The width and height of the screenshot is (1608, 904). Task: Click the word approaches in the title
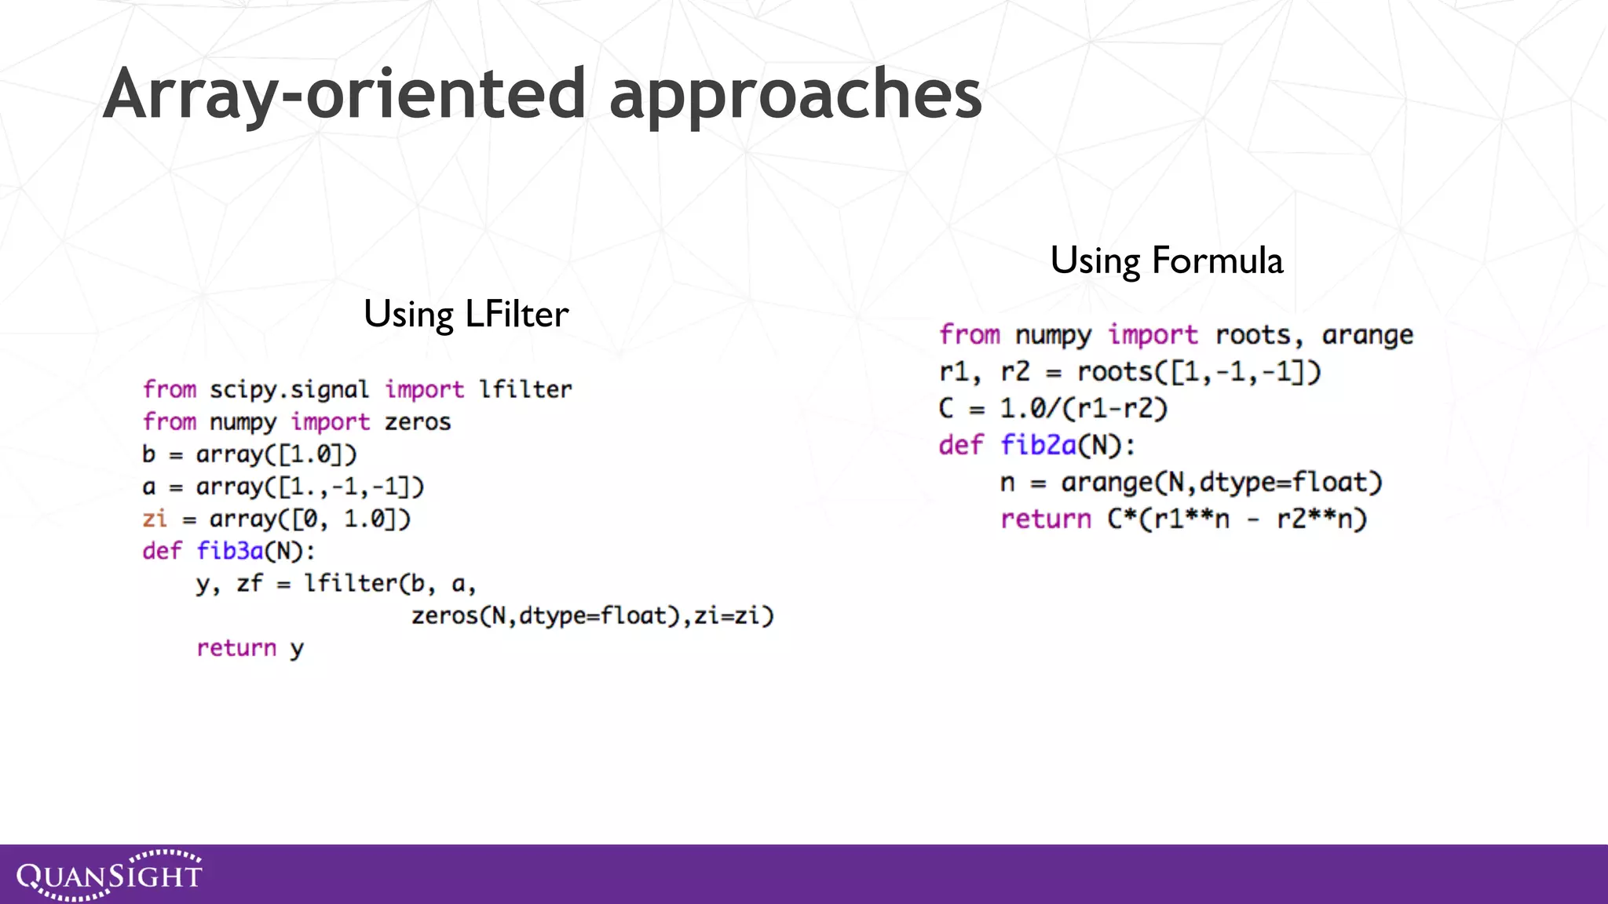[x=795, y=94]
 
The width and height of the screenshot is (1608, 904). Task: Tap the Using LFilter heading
[x=466, y=314]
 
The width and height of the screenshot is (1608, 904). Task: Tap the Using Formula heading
[x=1166, y=261]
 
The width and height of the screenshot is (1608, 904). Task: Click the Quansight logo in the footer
[x=109, y=874]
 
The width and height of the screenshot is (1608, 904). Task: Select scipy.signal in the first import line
[x=288, y=389]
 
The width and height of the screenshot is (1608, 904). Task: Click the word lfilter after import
[x=525, y=389]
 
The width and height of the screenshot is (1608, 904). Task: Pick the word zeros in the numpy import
[x=418, y=422]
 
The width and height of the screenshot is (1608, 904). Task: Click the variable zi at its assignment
[x=155, y=519]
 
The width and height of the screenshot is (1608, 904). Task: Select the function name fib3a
[x=229, y=551]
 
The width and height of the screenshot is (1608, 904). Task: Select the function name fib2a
[x=1038, y=446]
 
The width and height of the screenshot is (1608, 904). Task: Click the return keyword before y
[x=236, y=648]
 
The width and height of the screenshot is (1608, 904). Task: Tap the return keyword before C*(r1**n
[x=1045, y=519]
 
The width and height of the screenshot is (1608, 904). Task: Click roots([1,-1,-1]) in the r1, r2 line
[x=1199, y=371]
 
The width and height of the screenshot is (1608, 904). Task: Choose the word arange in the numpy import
[x=1367, y=335]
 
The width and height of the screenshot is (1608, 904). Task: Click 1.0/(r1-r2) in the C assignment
[x=1084, y=409]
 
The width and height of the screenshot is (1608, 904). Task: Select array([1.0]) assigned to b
[x=276, y=454]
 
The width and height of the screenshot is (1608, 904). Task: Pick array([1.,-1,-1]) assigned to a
[x=310, y=487]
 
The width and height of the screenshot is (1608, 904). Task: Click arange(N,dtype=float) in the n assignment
[x=1221, y=482]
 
